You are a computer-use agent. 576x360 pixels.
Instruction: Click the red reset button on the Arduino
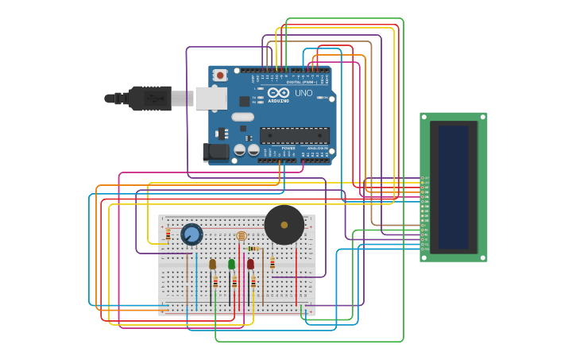220,75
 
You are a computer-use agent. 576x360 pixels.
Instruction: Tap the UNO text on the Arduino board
303,93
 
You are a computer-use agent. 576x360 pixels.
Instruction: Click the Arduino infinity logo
278,93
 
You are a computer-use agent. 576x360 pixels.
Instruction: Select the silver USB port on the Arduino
211,98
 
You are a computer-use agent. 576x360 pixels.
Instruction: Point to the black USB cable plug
151,99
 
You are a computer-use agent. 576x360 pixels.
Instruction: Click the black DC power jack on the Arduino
215,152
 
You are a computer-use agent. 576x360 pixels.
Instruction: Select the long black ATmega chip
294,135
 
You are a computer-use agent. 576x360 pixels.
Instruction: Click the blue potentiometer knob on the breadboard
191,234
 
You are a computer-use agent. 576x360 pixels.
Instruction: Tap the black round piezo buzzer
284,225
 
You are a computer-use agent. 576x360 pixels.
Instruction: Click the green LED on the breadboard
231,264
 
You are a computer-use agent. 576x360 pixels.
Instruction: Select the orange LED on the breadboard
212,264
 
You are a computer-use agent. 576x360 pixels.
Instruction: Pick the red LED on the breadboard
250,264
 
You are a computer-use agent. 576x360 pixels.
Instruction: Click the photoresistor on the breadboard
242,236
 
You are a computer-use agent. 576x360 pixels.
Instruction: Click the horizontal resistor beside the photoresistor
253,249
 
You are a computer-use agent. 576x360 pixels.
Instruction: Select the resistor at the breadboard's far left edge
168,234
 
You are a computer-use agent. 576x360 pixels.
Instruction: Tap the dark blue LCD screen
453,187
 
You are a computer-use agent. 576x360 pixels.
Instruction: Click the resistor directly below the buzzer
273,263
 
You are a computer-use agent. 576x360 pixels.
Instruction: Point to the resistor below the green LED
234,282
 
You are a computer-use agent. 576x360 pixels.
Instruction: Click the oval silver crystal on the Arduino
242,117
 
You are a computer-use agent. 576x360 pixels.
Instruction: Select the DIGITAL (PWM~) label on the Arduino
302,82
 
